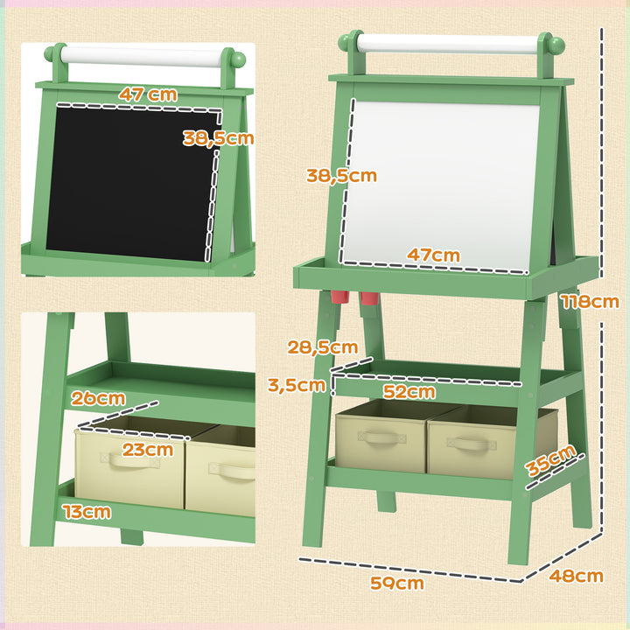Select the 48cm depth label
[x=577, y=576]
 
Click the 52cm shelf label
[x=409, y=392]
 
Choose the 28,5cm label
[x=322, y=347]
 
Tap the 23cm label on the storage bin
[x=147, y=450]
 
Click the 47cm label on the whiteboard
[x=433, y=255]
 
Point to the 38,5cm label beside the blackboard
[x=218, y=137]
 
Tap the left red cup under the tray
[x=340, y=297]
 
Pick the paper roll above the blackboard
[x=145, y=58]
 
